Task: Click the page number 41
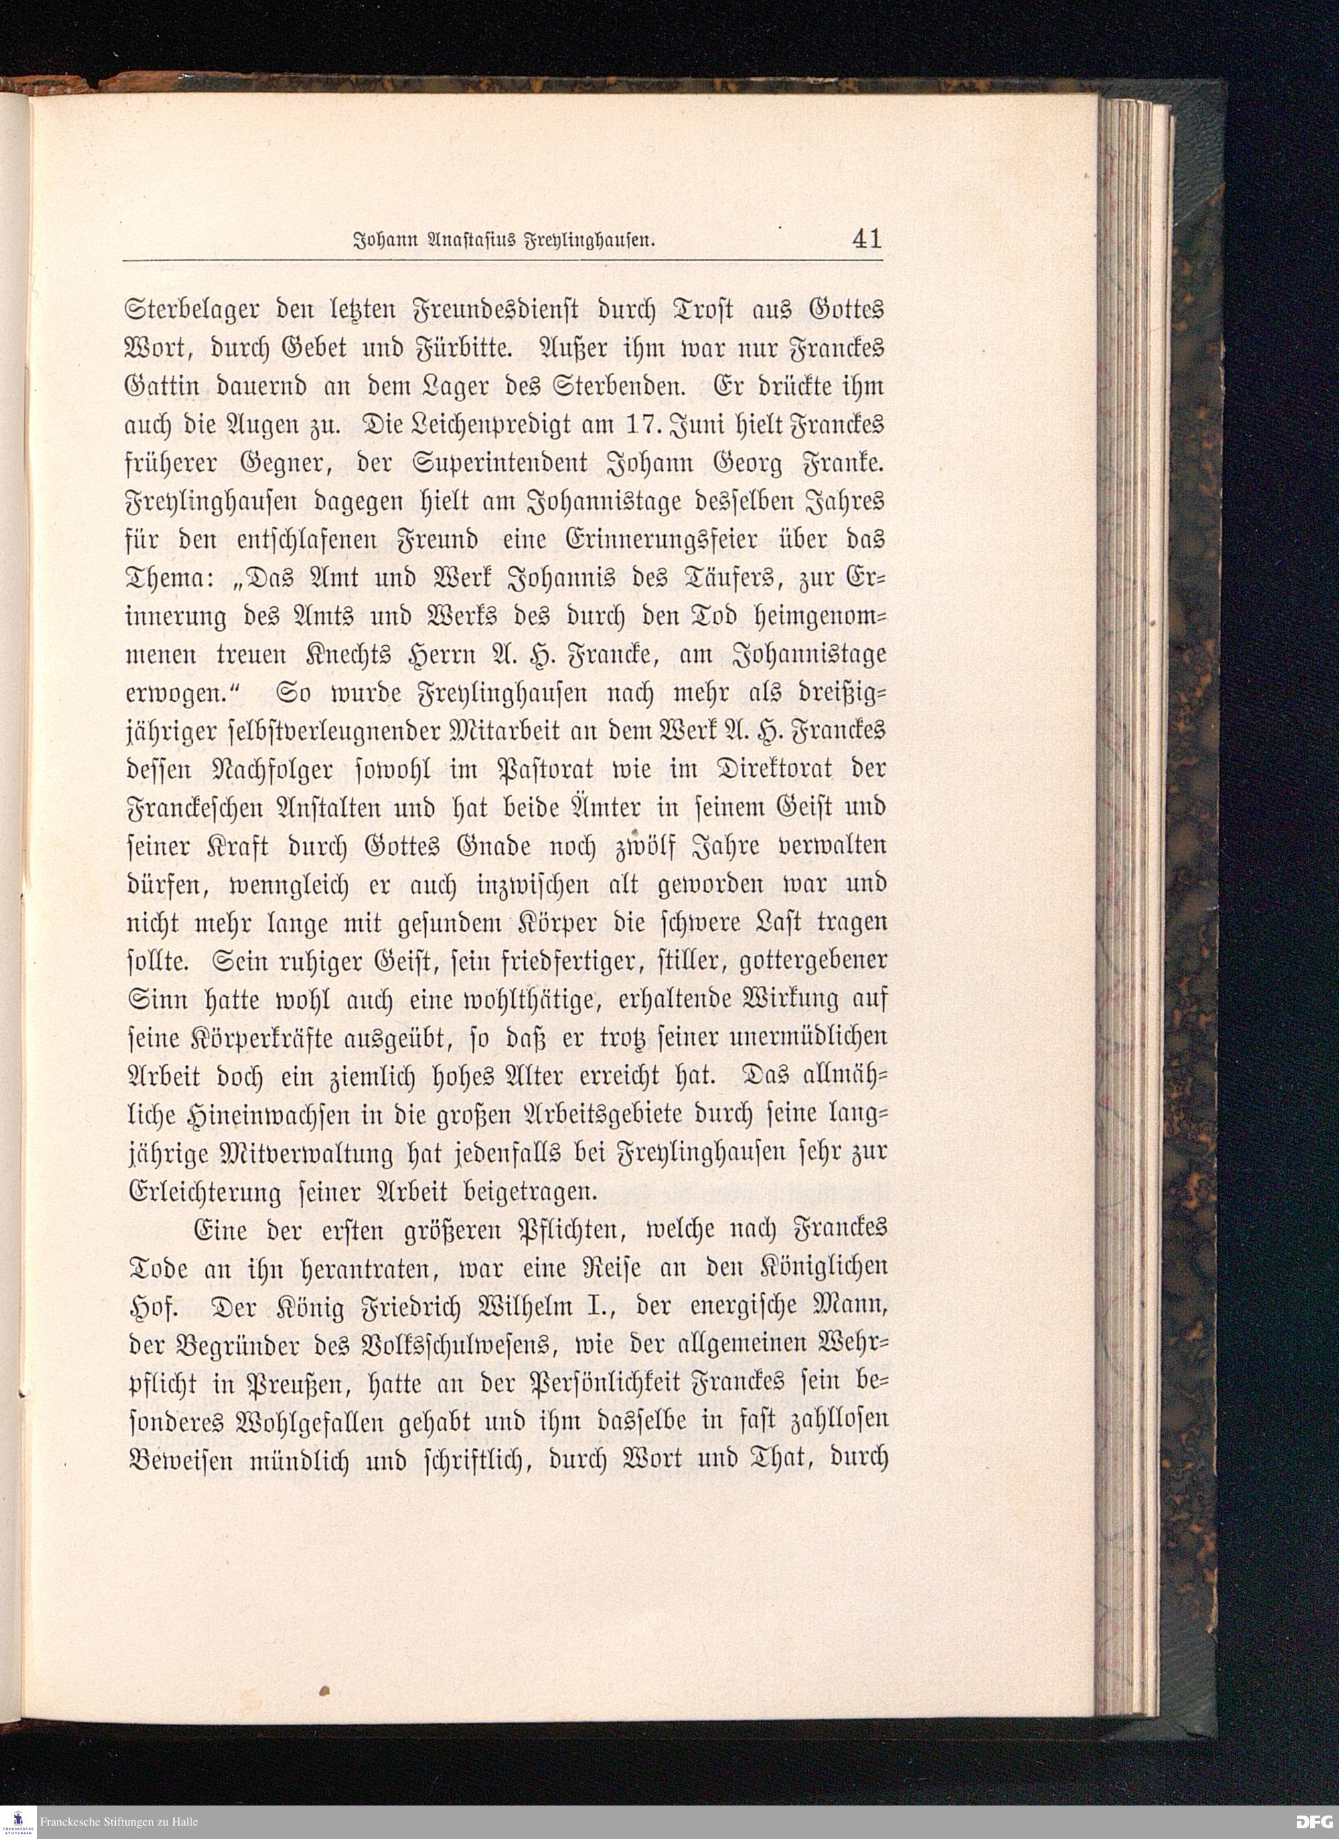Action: tap(866, 238)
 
